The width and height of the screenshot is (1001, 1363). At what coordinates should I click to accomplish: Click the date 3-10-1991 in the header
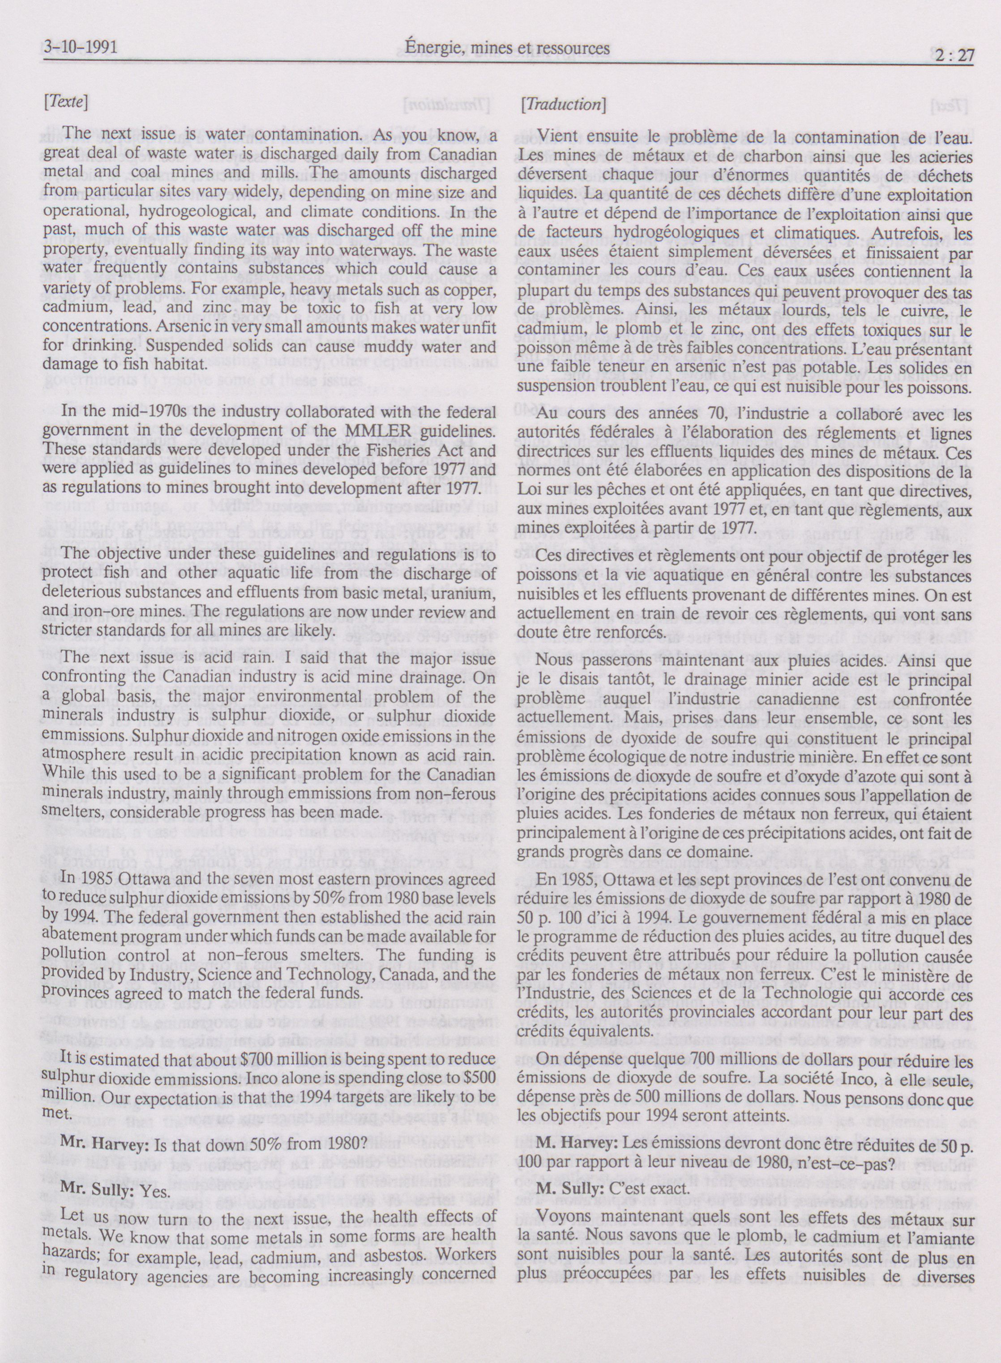click(81, 48)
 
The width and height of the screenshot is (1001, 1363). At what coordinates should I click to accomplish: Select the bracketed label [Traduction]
click(563, 104)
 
